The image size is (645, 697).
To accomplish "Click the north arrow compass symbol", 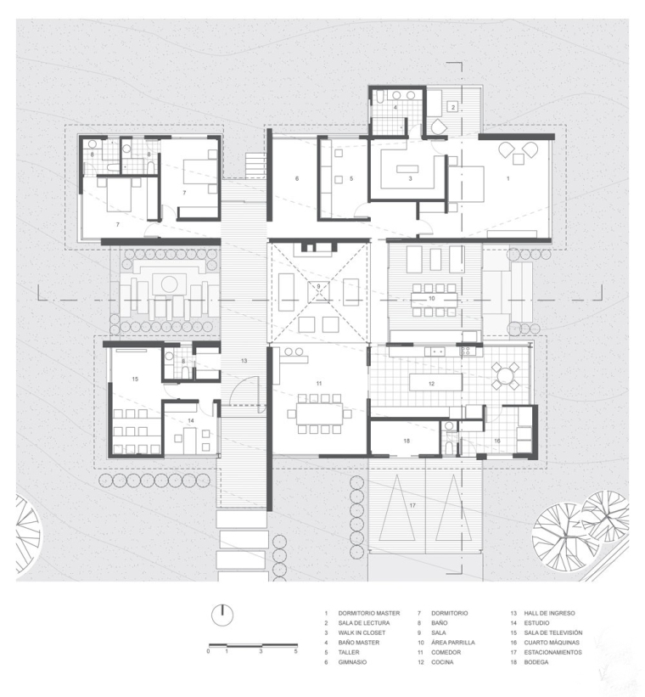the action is point(222,615).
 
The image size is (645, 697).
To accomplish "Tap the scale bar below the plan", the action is point(253,644).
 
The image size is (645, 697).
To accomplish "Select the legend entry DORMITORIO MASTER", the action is point(369,613).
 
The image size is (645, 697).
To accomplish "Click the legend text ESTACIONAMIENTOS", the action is point(552,652).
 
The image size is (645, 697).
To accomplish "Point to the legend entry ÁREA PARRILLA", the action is point(453,643).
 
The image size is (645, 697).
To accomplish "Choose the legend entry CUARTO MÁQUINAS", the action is point(552,643).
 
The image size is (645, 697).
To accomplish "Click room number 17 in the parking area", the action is point(412,505).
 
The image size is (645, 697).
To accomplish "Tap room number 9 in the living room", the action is point(318,286).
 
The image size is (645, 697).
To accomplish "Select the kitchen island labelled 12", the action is point(435,383).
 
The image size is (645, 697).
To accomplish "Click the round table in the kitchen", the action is point(504,377).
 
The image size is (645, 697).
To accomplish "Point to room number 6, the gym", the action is point(297,178).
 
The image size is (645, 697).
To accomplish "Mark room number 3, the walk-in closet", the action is point(410,178).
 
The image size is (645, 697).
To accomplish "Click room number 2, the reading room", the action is point(453,107).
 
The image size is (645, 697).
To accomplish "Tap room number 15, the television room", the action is point(135,379).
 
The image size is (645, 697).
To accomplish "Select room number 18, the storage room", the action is point(407,441).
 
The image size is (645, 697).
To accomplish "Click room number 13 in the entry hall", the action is point(244,361).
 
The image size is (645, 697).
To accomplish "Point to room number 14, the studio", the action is point(191,420).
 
